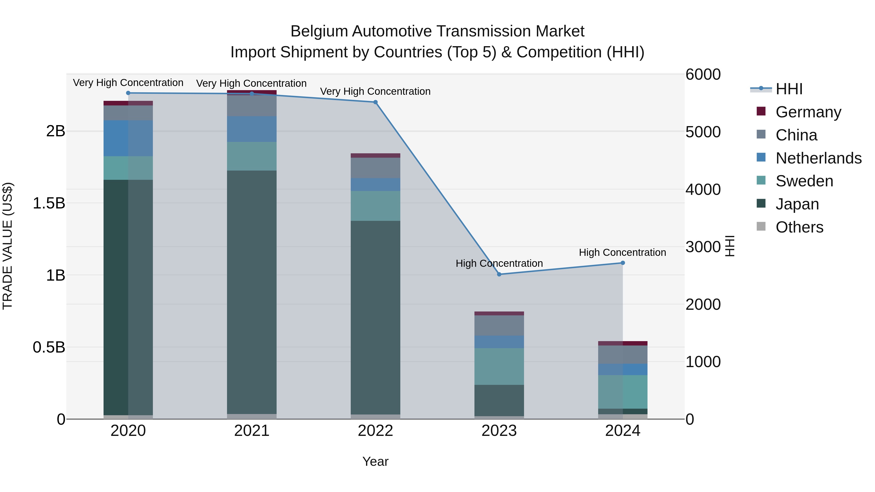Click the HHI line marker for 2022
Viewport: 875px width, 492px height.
point(375,102)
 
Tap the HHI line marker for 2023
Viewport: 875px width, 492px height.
point(499,274)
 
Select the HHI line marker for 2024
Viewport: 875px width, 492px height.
point(623,263)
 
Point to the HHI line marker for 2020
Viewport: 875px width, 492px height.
point(128,93)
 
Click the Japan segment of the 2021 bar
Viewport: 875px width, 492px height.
point(252,292)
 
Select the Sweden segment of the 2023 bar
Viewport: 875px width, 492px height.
point(499,366)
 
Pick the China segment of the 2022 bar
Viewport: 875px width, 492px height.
point(375,168)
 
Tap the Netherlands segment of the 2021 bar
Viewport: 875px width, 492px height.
point(252,129)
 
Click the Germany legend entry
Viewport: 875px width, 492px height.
point(808,112)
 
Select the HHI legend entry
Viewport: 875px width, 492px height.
point(789,89)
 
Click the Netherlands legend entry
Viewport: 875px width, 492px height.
point(818,158)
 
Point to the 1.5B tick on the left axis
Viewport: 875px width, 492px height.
point(49,203)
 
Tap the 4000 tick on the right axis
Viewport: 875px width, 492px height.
point(703,190)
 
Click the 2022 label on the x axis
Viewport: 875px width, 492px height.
point(375,431)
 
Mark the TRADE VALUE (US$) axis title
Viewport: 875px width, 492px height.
point(8,246)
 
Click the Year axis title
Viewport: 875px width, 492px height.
point(375,461)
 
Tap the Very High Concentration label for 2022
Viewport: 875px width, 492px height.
point(375,91)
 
